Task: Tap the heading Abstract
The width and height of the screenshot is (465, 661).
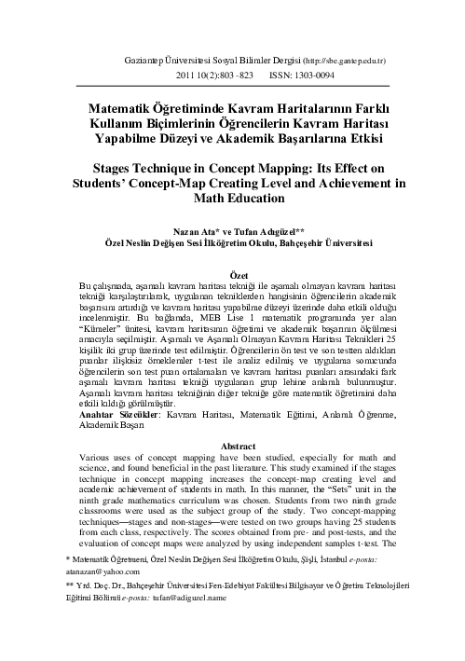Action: (238, 446)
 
